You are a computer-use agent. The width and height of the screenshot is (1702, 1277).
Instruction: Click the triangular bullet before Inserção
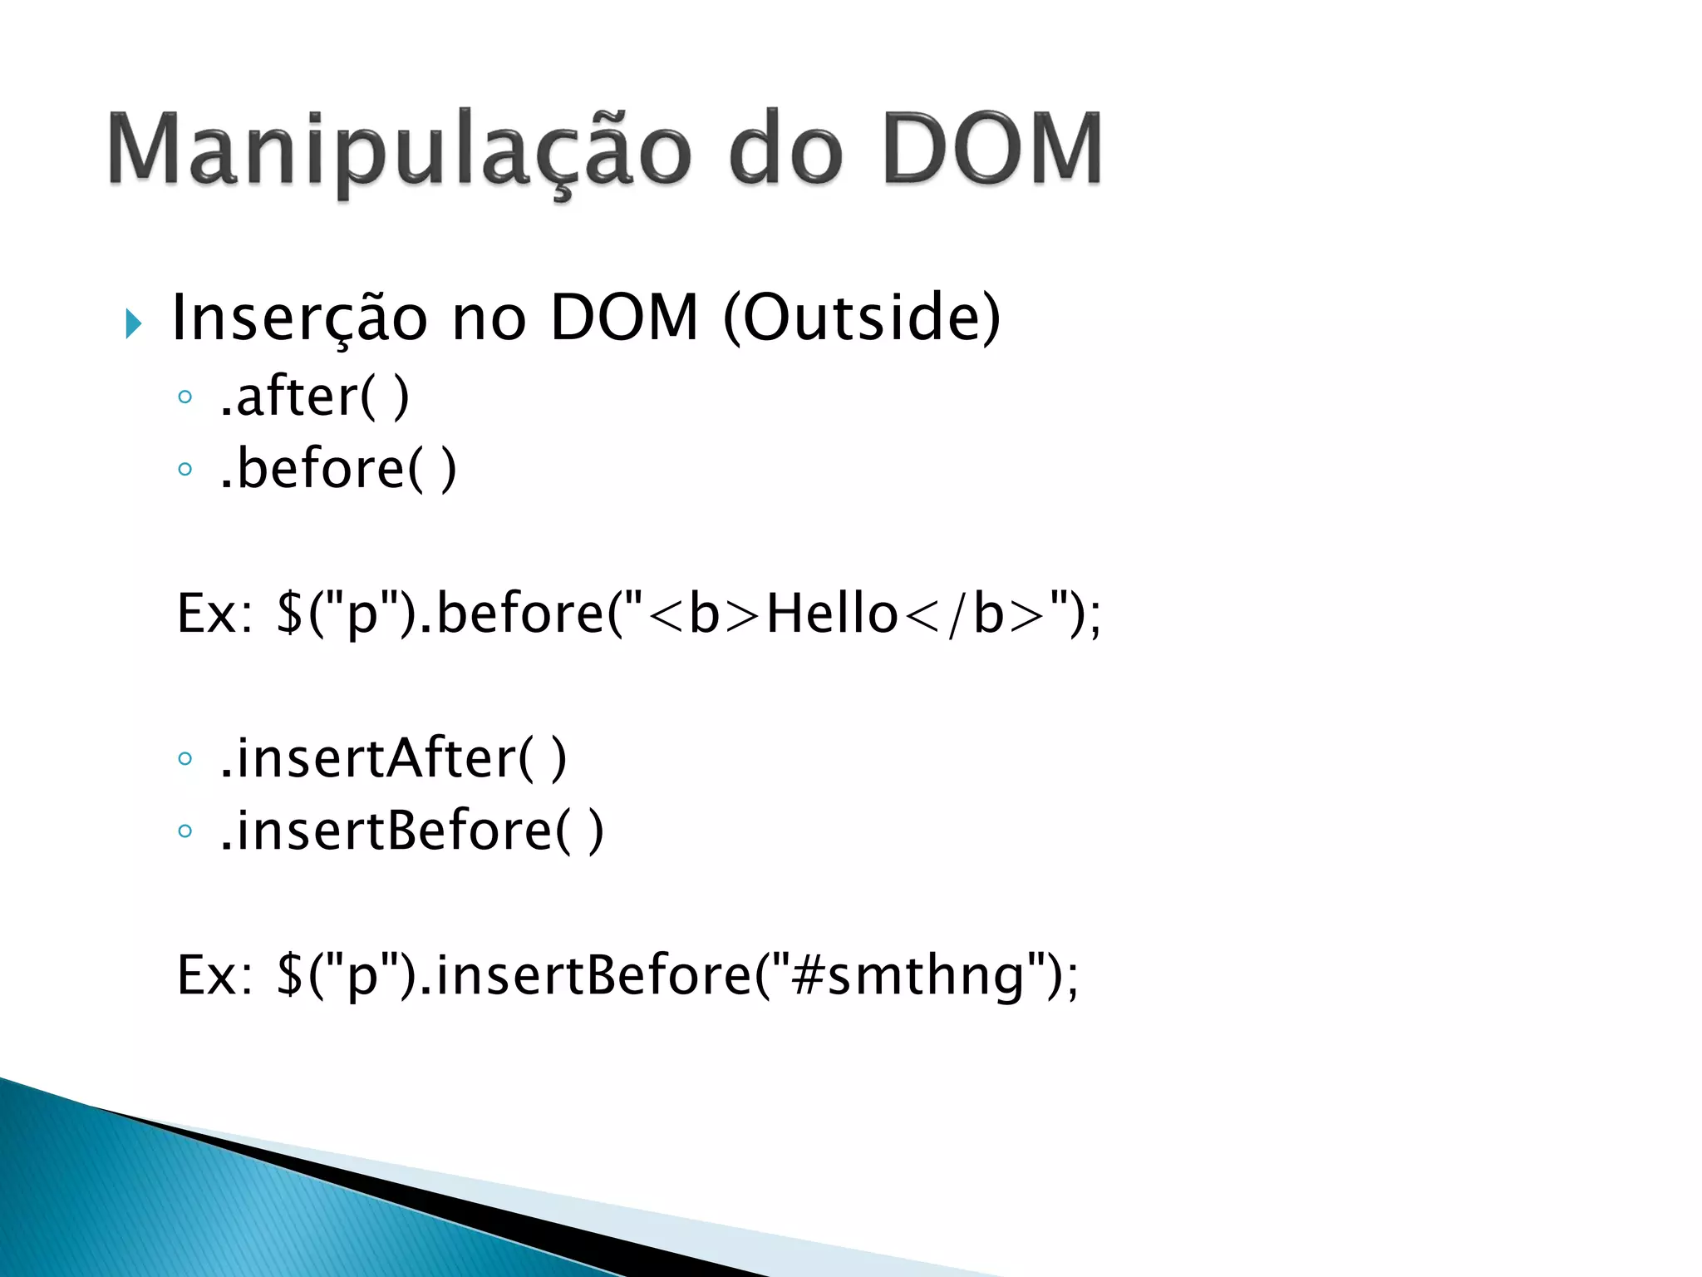click(133, 323)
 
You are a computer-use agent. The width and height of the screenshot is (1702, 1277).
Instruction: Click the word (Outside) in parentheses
click(862, 319)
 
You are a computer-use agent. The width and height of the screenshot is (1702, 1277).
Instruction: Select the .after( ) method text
click(314, 397)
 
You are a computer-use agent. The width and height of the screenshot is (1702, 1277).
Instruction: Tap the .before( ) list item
click(337, 470)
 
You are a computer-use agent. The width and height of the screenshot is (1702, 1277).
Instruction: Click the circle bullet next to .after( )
click(184, 397)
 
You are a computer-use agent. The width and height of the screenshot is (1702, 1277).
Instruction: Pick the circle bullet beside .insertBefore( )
click(184, 831)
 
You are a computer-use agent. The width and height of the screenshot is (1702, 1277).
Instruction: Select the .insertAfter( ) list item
click(392, 758)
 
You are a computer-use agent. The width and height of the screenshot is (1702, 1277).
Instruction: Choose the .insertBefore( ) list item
click(411, 831)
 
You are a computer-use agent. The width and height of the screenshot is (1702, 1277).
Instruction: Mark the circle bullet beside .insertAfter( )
click(184, 758)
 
